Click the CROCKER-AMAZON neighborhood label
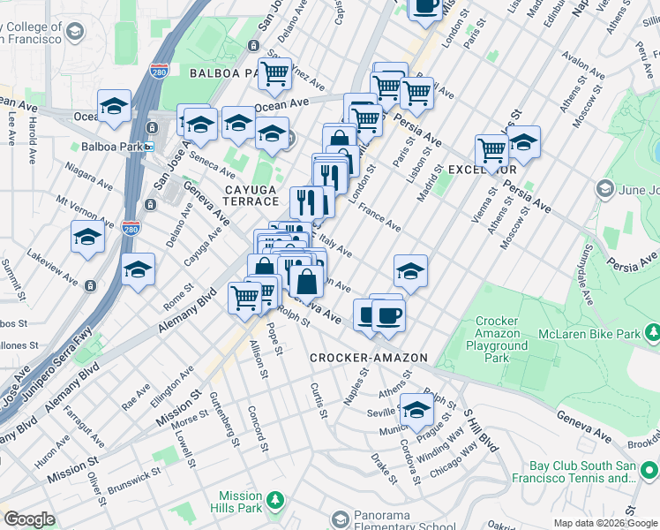coord(369,358)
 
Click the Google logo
coord(30,519)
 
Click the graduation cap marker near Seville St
coord(416,408)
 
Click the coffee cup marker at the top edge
coord(426,7)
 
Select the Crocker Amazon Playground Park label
coord(502,340)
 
